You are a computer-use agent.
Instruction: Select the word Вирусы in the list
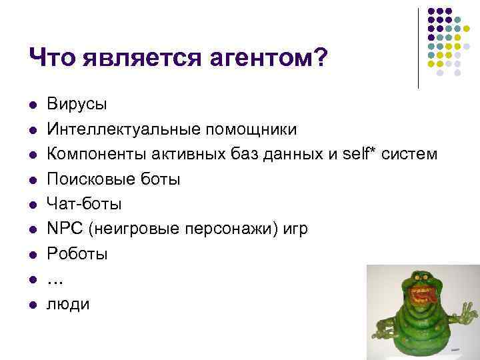[x=77, y=104]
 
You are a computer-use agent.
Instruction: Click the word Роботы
[x=77, y=254]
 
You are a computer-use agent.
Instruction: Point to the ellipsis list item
[x=55, y=281]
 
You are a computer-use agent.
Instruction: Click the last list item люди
[x=67, y=304]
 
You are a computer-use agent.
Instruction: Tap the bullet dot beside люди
[x=31, y=305]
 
